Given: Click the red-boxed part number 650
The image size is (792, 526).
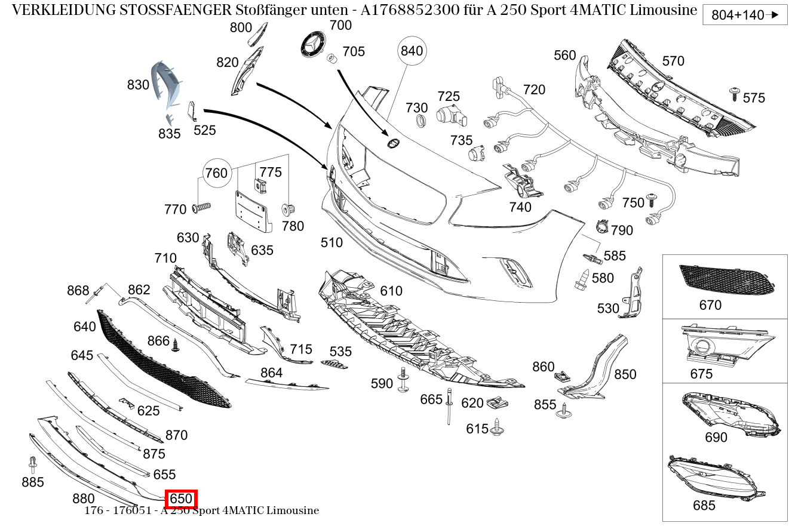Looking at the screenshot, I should tap(181, 499).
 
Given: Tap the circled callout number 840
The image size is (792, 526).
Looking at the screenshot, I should tap(412, 51).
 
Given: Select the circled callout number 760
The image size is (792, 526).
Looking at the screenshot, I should tap(216, 173).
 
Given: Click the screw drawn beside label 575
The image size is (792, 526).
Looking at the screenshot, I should tap(734, 93).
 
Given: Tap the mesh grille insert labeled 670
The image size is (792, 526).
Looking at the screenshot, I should tap(726, 279).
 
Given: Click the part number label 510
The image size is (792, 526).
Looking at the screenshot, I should tap(331, 242).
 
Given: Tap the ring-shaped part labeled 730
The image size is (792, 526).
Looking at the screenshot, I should tap(420, 122).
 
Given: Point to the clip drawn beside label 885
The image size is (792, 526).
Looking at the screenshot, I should tap(32, 464).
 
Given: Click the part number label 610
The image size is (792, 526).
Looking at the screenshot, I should tap(391, 291).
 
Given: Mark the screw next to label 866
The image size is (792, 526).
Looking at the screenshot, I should tap(176, 345).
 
